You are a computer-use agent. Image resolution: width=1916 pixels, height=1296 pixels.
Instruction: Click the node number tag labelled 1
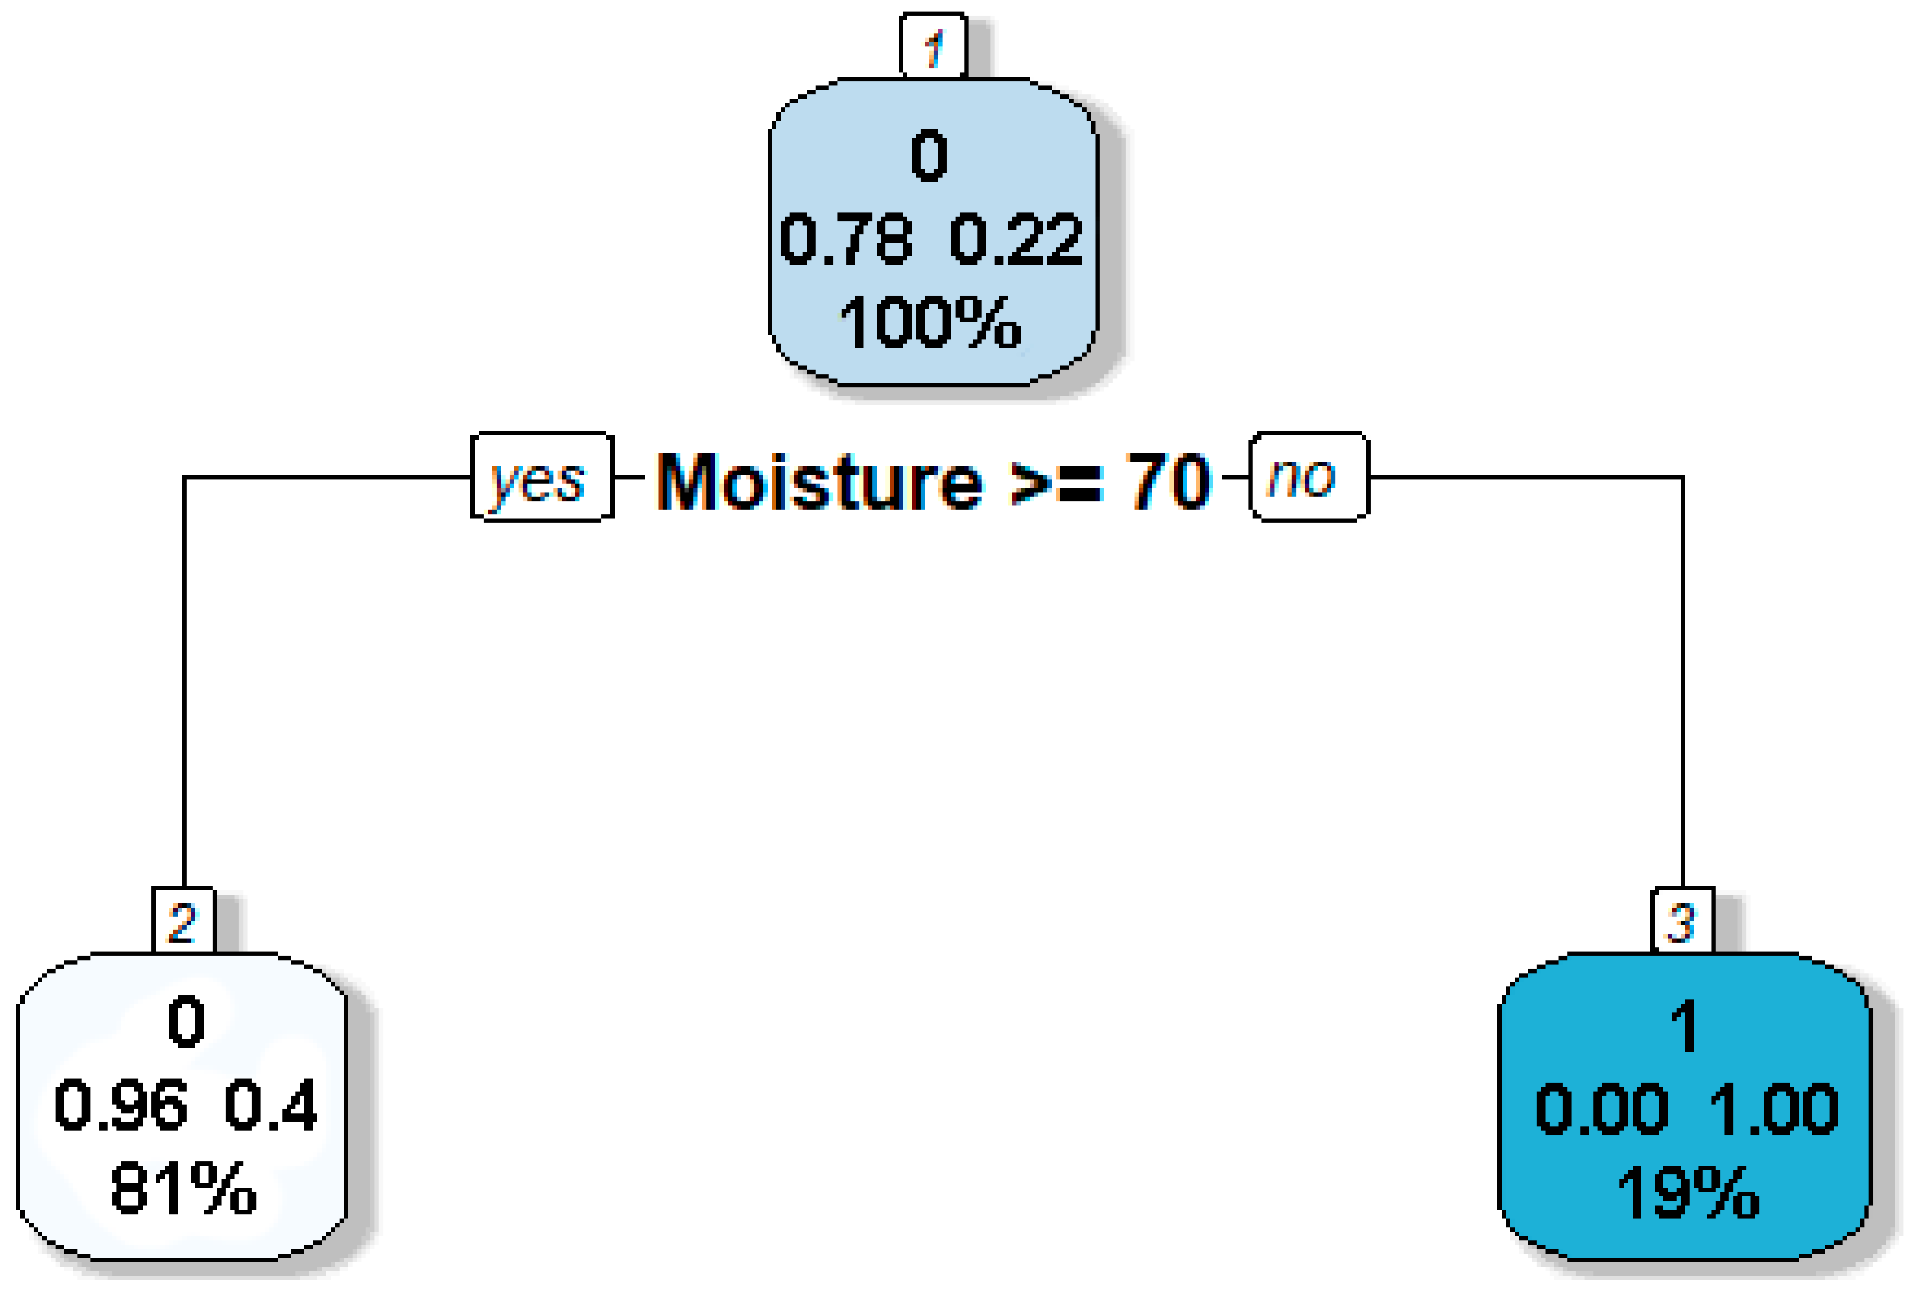click(933, 46)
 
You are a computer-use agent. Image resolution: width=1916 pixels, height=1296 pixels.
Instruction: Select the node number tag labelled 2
click(183, 921)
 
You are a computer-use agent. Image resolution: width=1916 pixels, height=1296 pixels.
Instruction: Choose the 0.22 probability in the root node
click(1016, 239)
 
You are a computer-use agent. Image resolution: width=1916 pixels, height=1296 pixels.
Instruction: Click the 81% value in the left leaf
click(183, 1188)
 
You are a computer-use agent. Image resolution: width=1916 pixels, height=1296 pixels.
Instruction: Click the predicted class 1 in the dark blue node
click(1683, 1026)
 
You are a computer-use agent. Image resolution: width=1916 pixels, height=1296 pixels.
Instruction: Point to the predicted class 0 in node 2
click(185, 1021)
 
